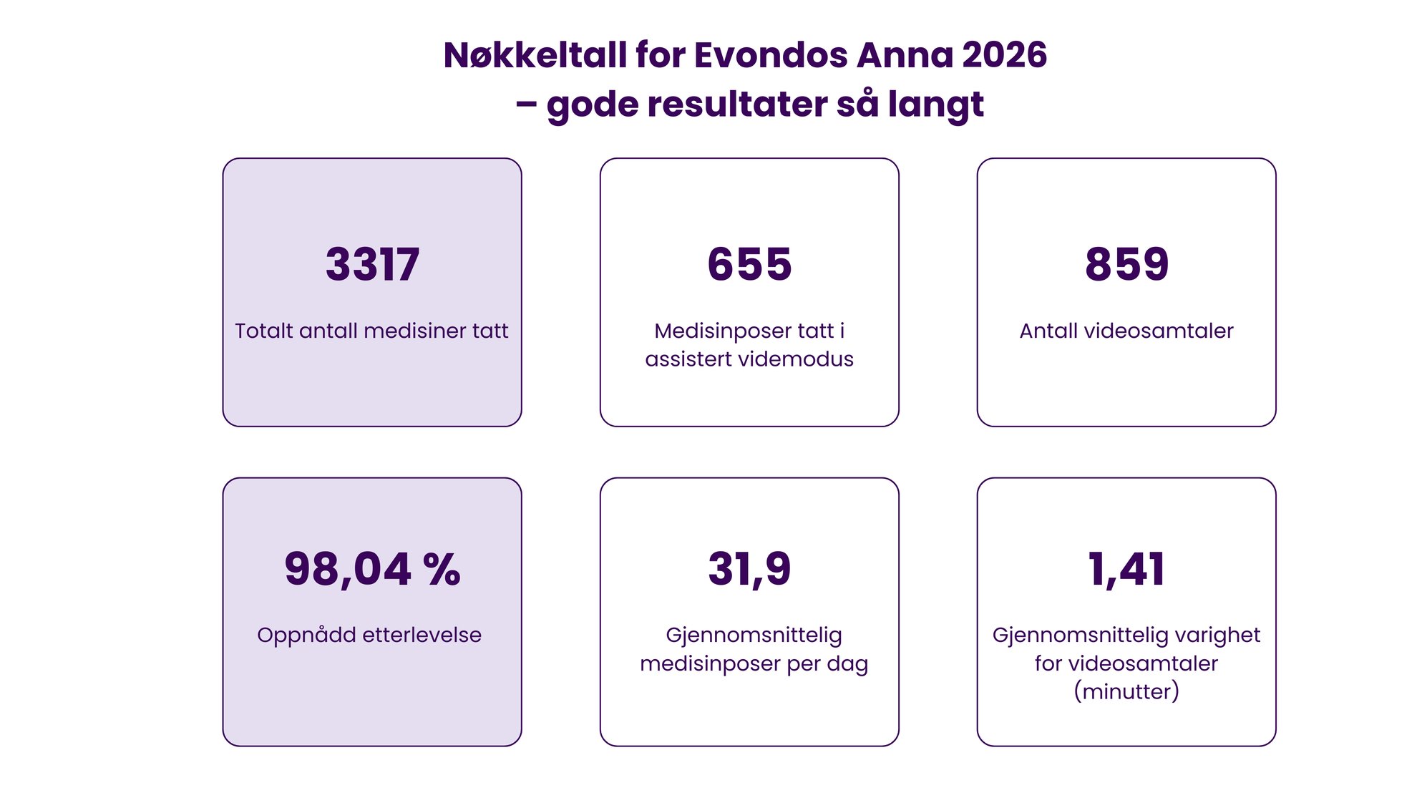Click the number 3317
[372, 264]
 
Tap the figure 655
[749, 264]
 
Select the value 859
[1126, 264]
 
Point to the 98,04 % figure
[372, 570]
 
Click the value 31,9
[749, 570]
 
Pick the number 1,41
[1126, 570]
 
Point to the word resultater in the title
[737, 104]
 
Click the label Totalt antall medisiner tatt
[371, 331]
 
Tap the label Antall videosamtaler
[1126, 331]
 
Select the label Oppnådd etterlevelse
[369, 635]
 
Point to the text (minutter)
[1126, 691]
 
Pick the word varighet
[1217, 635]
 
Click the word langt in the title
[935, 104]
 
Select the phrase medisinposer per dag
[754, 663]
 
